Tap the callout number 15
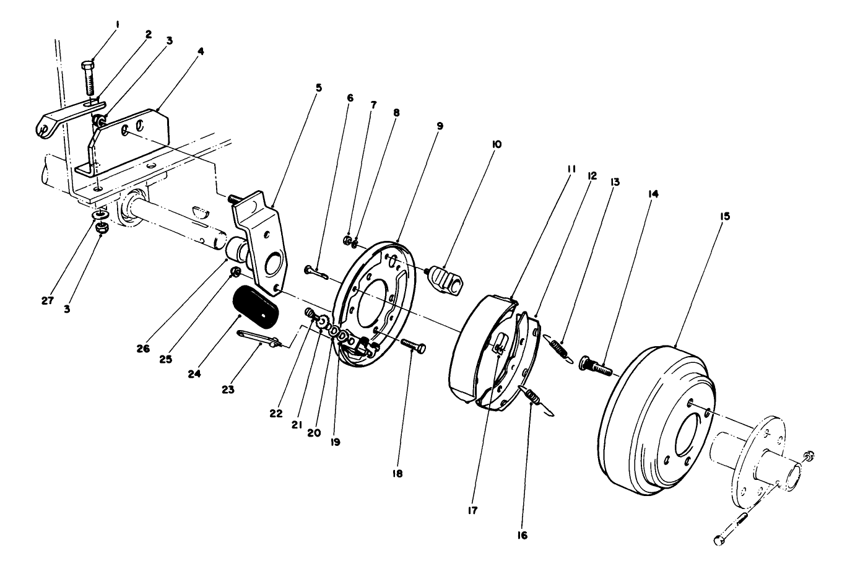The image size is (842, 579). (725, 216)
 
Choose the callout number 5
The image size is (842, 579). (318, 88)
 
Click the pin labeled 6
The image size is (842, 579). (316, 272)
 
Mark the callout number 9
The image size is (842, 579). (439, 125)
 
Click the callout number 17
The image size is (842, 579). (473, 510)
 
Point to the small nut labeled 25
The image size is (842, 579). (235, 273)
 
